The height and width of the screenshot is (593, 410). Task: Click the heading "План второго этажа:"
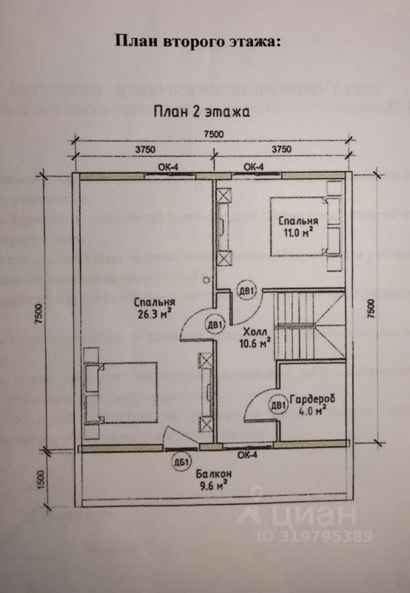click(198, 42)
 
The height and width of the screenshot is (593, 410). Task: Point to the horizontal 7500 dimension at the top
click(214, 134)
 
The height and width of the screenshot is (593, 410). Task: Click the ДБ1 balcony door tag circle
click(183, 462)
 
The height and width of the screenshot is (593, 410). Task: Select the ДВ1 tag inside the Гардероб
click(278, 406)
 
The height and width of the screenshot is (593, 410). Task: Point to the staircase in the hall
click(309, 324)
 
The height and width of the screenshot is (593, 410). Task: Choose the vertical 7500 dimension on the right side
click(371, 308)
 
